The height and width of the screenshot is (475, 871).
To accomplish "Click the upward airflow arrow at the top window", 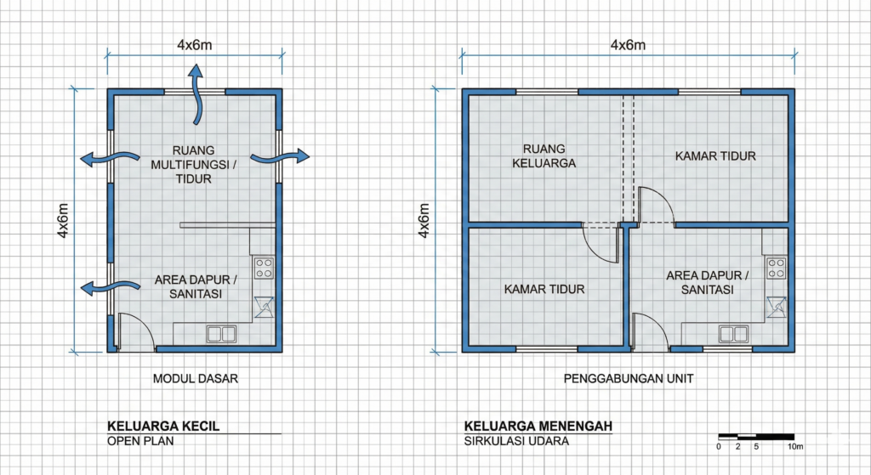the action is tap(196, 94).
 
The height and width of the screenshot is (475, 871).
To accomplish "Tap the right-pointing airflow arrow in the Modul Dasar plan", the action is tap(279, 157).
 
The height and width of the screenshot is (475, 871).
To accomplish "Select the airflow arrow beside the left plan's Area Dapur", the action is tap(110, 287).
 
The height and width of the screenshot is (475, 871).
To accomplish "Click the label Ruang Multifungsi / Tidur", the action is tap(193, 164).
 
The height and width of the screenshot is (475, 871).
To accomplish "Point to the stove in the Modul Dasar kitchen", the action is tap(264, 268).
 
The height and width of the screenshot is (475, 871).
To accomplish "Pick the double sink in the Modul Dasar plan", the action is tap(222, 334).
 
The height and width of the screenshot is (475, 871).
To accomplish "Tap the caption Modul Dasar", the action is tap(196, 378).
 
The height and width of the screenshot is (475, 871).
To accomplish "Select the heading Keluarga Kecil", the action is tap(163, 427).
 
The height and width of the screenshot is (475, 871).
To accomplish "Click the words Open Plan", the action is tap(140, 441).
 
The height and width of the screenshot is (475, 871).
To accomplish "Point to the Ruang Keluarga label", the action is tap(544, 156).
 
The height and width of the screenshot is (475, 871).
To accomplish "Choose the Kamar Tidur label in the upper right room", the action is tap(715, 156).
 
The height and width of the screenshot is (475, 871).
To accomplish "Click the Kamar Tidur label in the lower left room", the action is tap(544, 289).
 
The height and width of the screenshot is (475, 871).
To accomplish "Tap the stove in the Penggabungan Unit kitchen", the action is tap(777, 268).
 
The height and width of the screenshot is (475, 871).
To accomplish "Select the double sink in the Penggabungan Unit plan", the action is tap(734, 334).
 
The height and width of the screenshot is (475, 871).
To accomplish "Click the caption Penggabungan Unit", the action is tap(629, 378).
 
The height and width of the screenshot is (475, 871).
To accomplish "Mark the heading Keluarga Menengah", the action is tap(538, 427).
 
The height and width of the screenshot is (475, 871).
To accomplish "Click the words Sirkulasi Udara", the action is tap(516, 441).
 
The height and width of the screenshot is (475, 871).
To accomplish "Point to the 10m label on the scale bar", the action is tap(795, 447).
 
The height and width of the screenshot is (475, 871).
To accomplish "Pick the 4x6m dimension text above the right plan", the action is tap(629, 45).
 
